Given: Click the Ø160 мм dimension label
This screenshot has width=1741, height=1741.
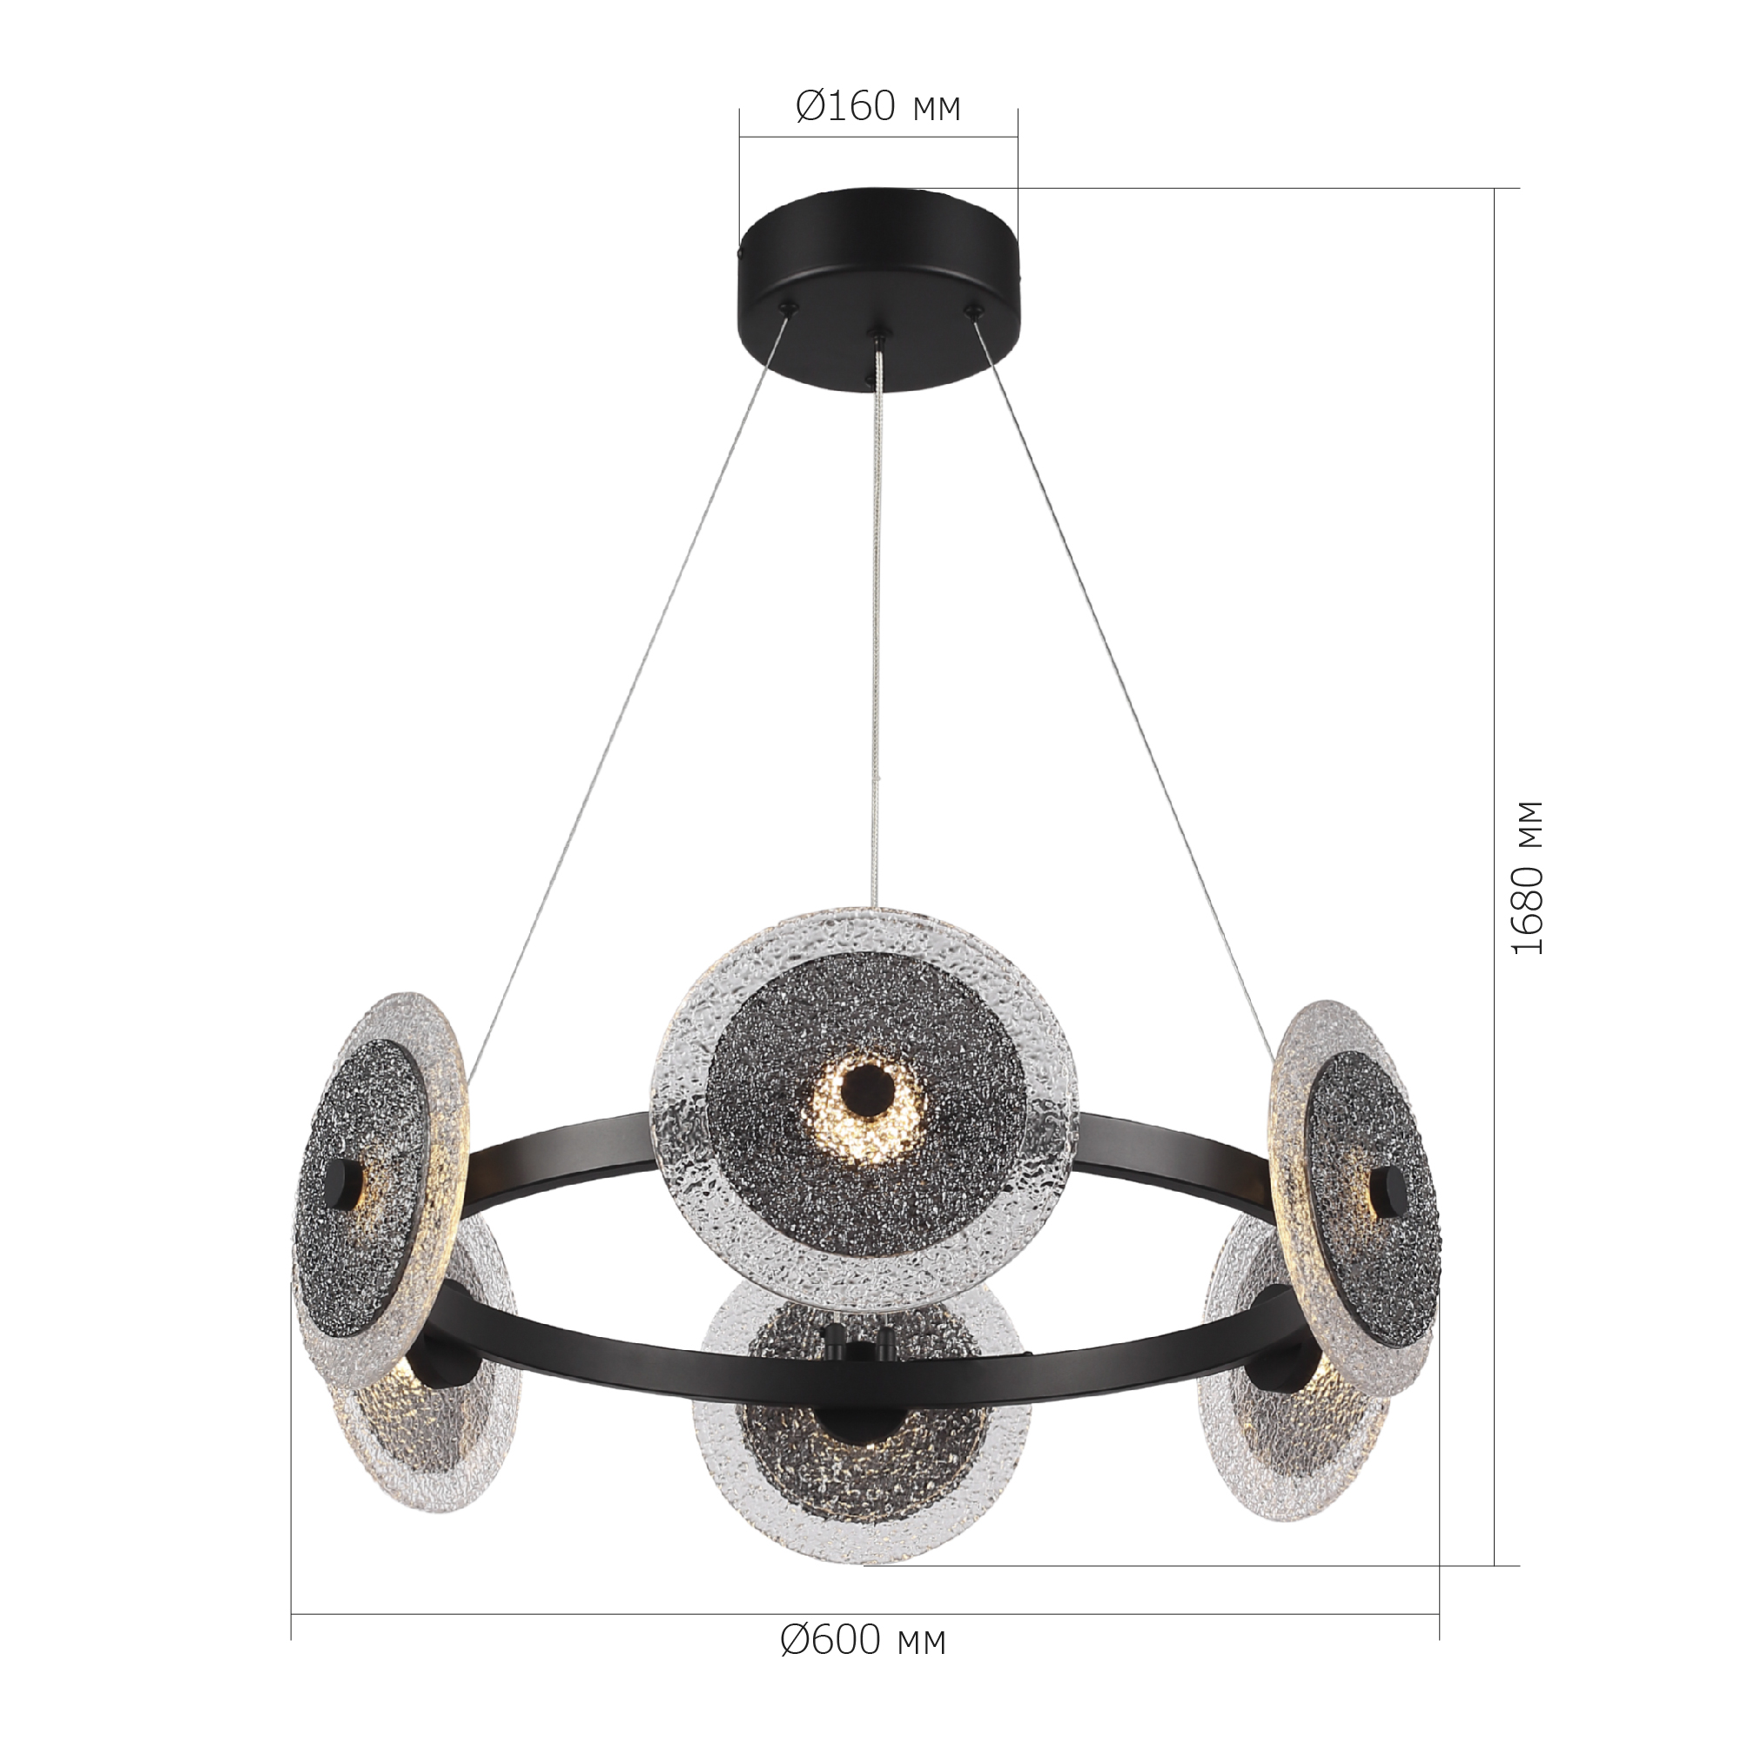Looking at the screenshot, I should (878, 107).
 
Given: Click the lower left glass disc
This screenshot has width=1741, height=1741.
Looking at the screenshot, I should (433, 1415).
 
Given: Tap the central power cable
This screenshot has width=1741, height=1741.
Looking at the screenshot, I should (877, 631).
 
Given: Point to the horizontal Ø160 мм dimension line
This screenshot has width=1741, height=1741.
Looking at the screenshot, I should (878, 137).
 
